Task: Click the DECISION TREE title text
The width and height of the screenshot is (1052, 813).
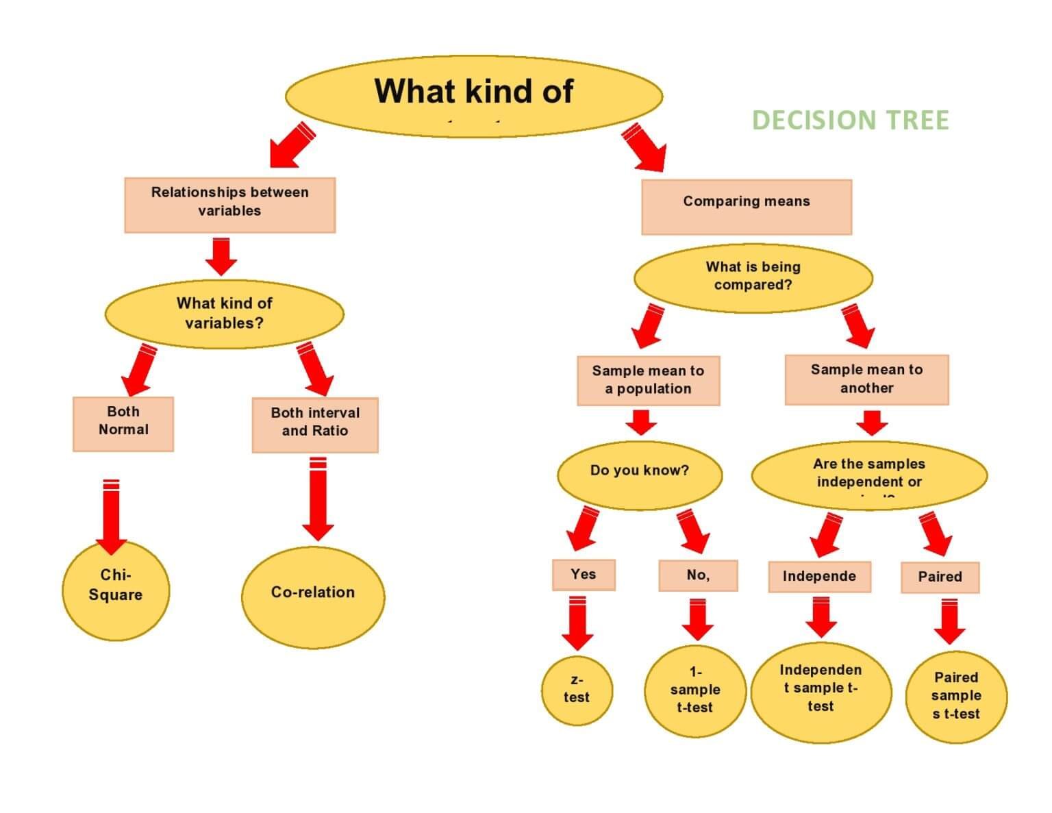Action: click(x=850, y=120)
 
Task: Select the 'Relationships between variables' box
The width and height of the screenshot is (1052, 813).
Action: click(x=229, y=205)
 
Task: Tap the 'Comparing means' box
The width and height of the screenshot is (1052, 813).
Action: click(x=746, y=207)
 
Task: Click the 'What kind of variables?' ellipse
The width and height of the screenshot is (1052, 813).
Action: click(x=224, y=314)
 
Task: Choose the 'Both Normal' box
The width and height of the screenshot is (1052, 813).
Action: click(x=123, y=423)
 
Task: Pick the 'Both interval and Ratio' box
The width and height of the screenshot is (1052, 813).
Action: click(x=314, y=425)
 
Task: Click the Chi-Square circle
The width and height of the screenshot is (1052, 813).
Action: click(x=115, y=590)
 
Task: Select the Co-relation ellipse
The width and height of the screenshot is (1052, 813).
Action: click(x=313, y=596)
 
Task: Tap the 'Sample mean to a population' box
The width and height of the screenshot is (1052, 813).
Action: click(x=648, y=380)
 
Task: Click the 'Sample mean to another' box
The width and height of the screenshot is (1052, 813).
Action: click(x=866, y=379)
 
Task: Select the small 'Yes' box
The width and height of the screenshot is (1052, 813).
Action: click(x=584, y=575)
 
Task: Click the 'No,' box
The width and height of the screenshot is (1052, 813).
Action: click(x=698, y=575)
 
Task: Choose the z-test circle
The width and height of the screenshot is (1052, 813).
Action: click(x=576, y=690)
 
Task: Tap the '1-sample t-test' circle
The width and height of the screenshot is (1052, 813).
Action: click(x=694, y=690)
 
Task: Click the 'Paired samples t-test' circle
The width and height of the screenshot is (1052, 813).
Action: click(x=956, y=696)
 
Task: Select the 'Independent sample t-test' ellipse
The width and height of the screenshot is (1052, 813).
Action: click(x=821, y=690)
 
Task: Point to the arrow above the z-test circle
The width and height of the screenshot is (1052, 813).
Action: click(x=577, y=623)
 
